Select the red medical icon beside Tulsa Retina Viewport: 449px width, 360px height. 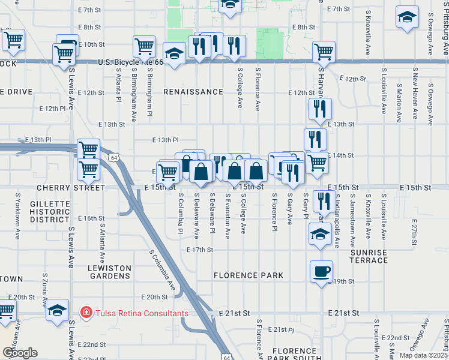[86, 313]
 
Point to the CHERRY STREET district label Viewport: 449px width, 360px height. [71, 188]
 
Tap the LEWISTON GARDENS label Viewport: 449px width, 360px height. [109, 272]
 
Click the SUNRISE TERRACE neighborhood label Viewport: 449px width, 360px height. [369, 256]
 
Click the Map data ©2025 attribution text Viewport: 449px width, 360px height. [423, 355]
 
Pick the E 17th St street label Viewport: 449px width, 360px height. [200, 250]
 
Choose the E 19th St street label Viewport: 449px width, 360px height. [341, 281]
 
